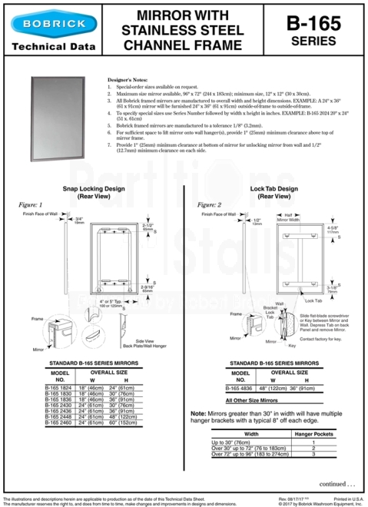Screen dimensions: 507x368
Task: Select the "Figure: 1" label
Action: tap(30, 205)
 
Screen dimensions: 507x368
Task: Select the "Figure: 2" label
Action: tap(209, 205)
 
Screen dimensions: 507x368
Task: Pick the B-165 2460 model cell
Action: tap(61, 422)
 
